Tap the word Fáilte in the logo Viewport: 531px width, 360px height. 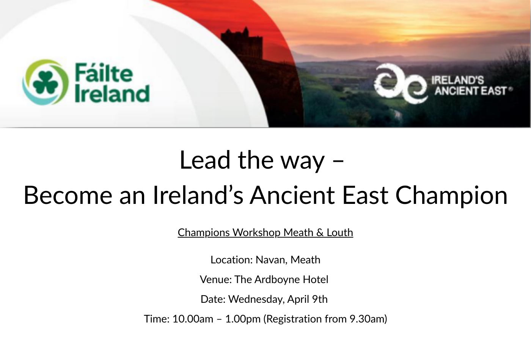click(x=104, y=72)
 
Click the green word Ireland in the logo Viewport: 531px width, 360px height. click(x=112, y=94)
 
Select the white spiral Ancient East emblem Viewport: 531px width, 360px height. click(x=401, y=83)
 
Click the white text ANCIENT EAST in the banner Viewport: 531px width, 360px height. click(x=471, y=91)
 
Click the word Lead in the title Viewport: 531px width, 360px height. click(x=205, y=160)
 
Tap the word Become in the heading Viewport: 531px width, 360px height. click(x=68, y=196)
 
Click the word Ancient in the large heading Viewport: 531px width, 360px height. click(x=292, y=196)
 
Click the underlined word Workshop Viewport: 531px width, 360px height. click(x=256, y=233)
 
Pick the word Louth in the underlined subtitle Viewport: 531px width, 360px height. click(x=340, y=232)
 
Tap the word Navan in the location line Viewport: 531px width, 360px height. click(x=272, y=260)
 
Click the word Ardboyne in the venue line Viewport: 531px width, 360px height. click(x=277, y=280)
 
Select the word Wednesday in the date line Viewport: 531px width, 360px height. click(x=256, y=299)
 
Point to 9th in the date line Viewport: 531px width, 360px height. click(x=320, y=299)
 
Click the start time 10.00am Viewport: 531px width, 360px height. click(x=193, y=319)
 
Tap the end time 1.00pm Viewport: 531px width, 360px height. click(x=243, y=319)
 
